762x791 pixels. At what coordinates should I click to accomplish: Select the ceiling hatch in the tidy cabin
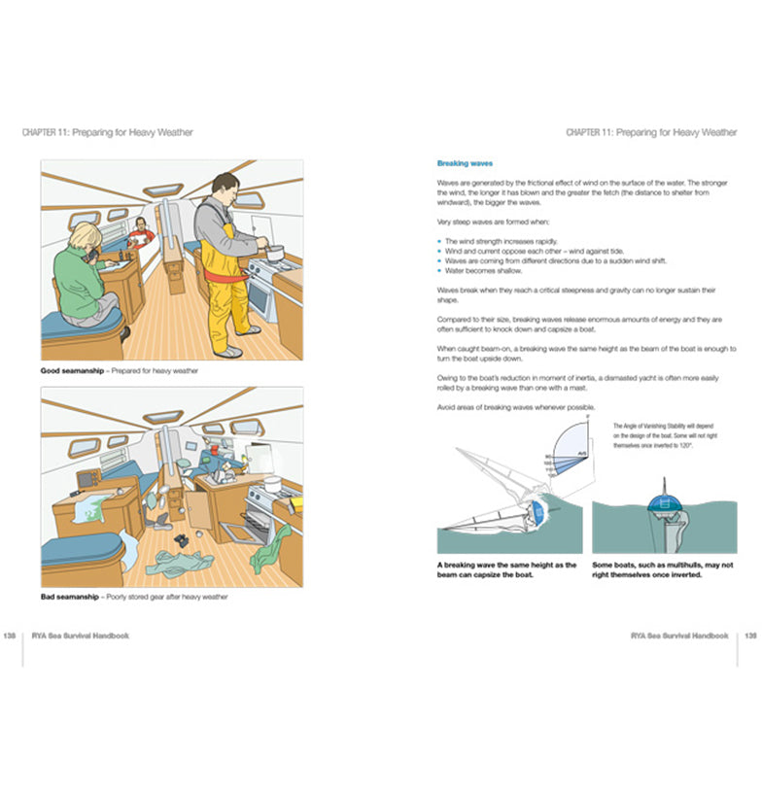point(162,190)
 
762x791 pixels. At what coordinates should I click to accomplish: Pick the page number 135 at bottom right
point(749,636)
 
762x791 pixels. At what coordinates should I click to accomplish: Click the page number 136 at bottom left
point(9,636)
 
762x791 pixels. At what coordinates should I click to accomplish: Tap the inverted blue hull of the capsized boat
point(665,504)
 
